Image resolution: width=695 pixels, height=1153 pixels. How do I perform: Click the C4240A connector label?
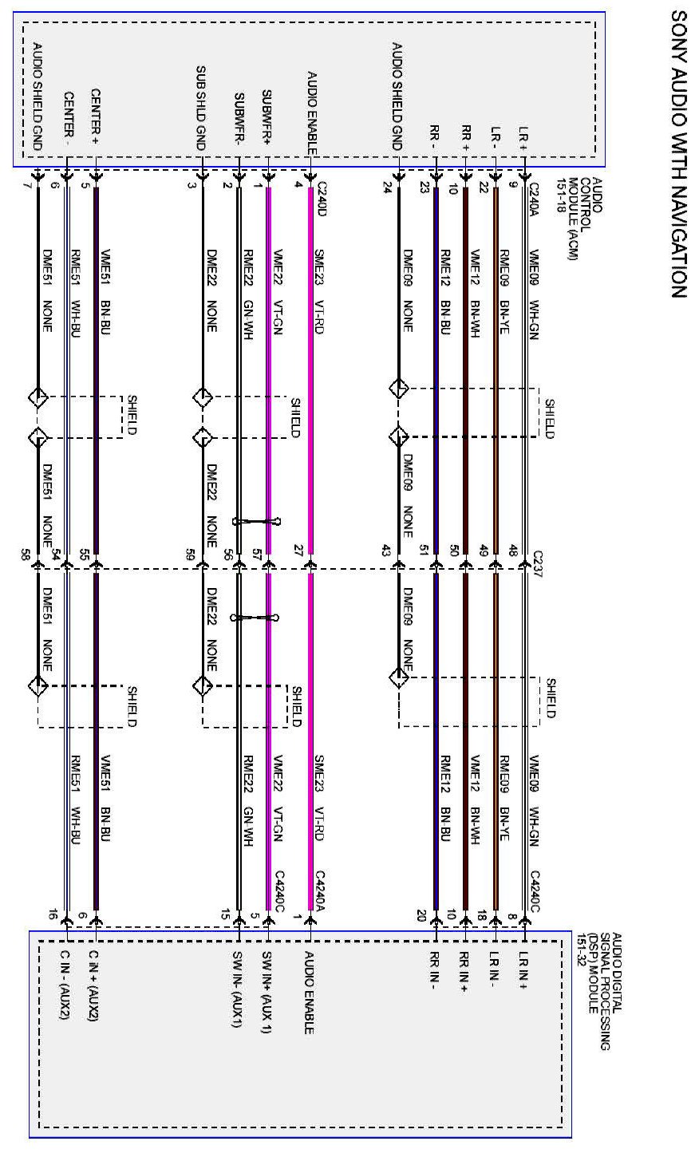322,888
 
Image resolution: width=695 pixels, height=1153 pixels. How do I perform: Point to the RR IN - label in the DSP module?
435,970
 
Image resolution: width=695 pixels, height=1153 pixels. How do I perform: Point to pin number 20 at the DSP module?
423,916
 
